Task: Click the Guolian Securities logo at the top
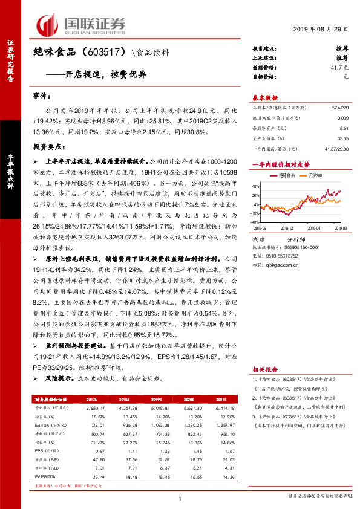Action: [x=81, y=25]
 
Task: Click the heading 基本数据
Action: [x=264, y=97]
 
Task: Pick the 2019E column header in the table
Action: [x=156, y=400]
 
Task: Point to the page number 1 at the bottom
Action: [x=180, y=498]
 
